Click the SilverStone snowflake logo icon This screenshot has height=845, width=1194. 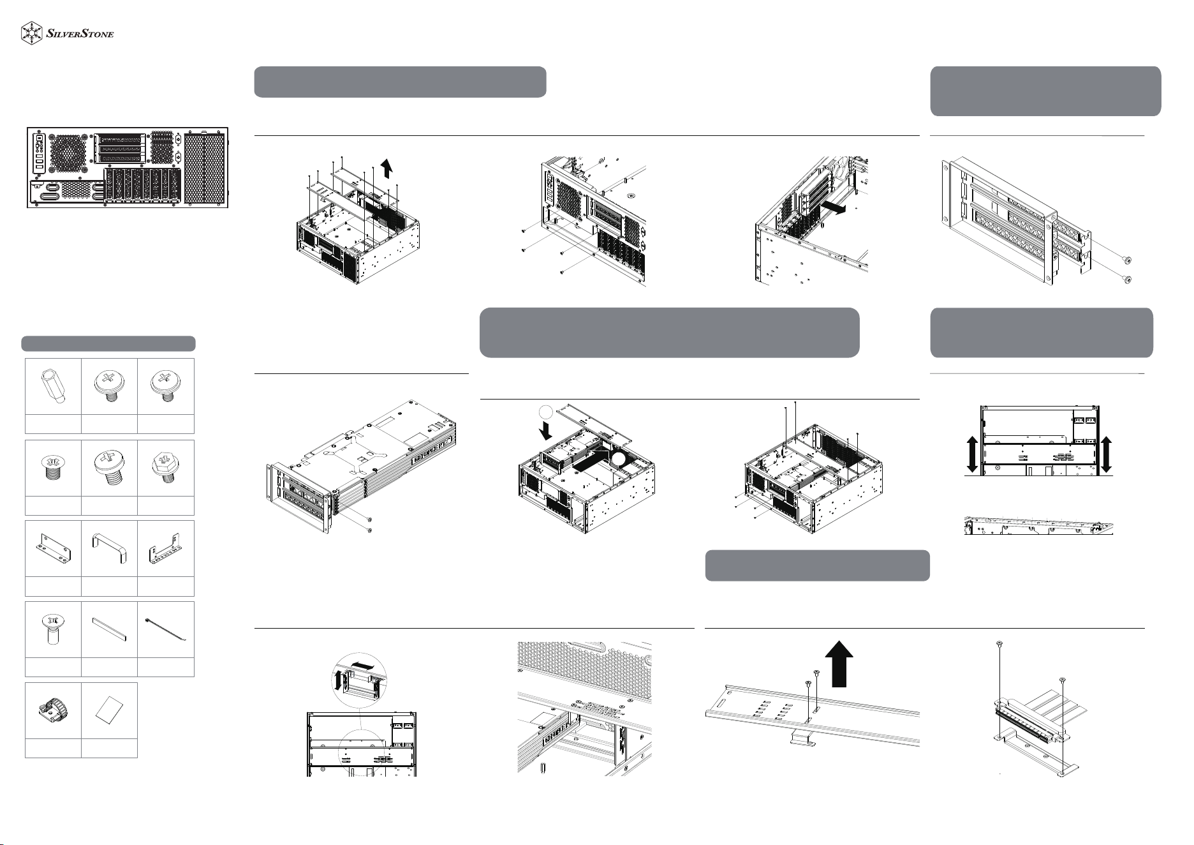click(x=33, y=34)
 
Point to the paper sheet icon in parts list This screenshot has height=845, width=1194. click(x=109, y=710)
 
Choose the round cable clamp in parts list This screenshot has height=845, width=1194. click(x=53, y=710)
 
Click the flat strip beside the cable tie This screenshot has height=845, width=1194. click(x=109, y=629)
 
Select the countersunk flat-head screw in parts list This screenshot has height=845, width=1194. click(x=53, y=629)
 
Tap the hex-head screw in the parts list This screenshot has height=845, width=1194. click(x=165, y=467)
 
